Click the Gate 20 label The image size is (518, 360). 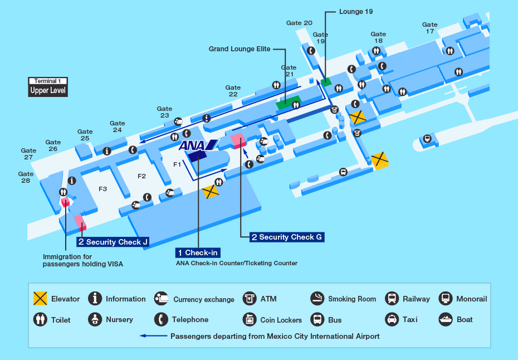(x=299, y=23)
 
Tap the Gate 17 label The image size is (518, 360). (x=429, y=28)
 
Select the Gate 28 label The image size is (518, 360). (x=26, y=177)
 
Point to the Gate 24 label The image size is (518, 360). (x=117, y=127)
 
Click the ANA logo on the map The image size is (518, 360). (x=197, y=146)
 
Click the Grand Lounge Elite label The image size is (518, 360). (x=240, y=49)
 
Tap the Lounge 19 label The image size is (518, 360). (x=355, y=11)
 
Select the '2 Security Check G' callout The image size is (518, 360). (x=286, y=237)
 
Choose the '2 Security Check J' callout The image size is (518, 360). (x=113, y=242)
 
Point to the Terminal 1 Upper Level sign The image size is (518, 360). (x=48, y=86)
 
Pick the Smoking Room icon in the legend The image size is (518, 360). (x=317, y=299)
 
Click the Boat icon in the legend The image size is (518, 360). (x=446, y=319)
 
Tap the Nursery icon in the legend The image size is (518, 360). (x=95, y=319)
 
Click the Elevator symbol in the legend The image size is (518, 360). (x=40, y=299)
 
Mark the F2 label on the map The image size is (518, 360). (x=142, y=176)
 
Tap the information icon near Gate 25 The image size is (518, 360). (x=106, y=151)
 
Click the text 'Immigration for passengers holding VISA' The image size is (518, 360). (x=82, y=260)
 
